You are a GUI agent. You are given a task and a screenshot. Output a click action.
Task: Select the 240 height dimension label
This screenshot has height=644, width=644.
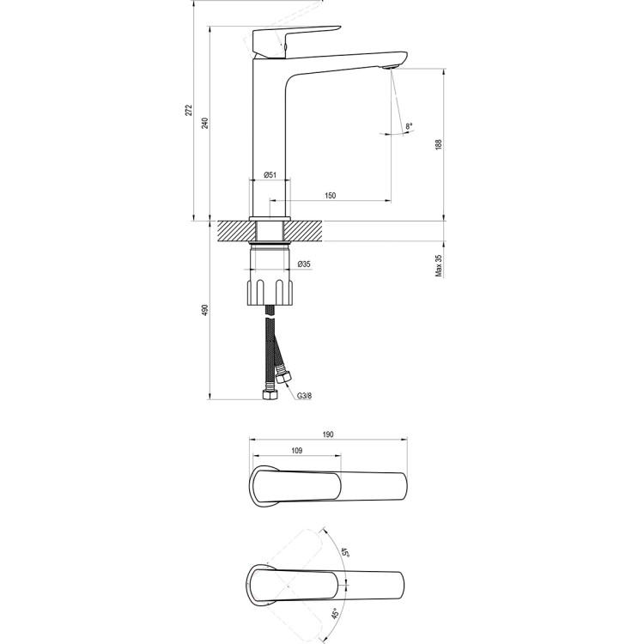tap(204, 123)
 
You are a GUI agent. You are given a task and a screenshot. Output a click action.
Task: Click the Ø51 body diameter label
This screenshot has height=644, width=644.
tap(269, 175)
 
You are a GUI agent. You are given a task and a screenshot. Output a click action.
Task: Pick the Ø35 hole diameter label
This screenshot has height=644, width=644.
tap(303, 264)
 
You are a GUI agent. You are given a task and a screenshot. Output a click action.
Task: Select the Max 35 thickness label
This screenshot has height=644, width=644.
tap(438, 265)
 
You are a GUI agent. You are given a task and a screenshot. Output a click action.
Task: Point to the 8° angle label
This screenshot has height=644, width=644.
tap(409, 127)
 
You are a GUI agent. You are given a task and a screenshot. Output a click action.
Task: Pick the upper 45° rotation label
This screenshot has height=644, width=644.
tap(344, 553)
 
